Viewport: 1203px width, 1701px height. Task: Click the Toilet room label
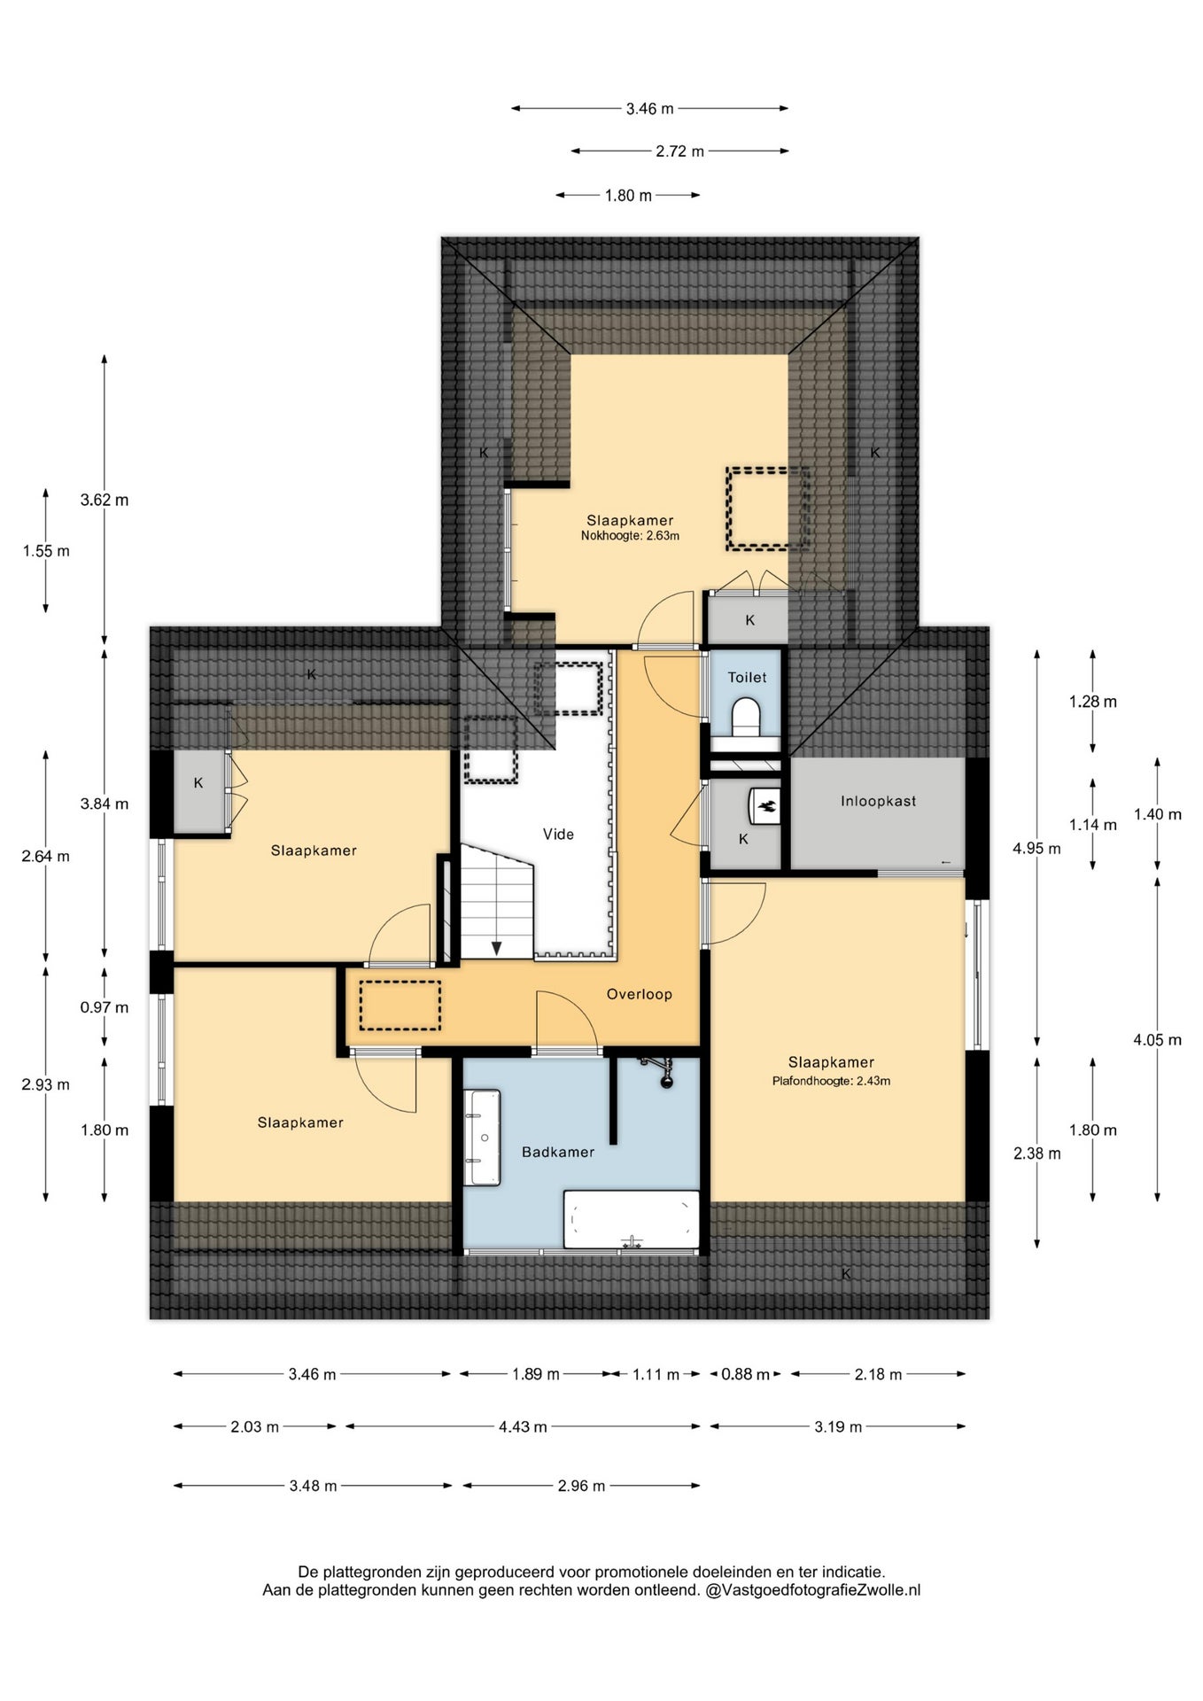tap(747, 678)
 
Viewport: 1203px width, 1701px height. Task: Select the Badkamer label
tap(558, 1152)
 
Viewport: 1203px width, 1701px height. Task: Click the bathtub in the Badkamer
tap(632, 1219)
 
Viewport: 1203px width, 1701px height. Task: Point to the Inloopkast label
tap(878, 801)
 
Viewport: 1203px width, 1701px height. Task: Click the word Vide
tap(558, 834)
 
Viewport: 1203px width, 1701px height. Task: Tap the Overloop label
tap(639, 994)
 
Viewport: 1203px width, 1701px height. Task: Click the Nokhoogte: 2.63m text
tap(630, 536)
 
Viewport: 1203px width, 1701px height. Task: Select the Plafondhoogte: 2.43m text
tap(831, 1081)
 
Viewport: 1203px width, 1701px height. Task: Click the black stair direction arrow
tap(497, 948)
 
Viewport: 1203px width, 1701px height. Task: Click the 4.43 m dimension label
tap(523, 1426)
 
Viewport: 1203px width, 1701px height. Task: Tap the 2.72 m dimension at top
tap(679, 151)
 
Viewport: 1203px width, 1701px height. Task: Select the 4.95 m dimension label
tap(1036, 848)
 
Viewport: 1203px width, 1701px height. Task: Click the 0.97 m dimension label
tap(105, 1007)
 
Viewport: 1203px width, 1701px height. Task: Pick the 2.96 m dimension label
tap(581, 1486)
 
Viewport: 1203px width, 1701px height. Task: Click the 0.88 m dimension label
tap(745, 1374)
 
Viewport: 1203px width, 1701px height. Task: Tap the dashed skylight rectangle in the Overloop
tap(400, 1005)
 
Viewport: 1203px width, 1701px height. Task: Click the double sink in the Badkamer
tap(485, 1138)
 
